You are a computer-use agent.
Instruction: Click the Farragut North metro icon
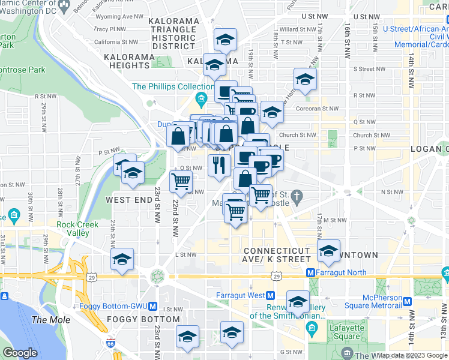coord(312,272)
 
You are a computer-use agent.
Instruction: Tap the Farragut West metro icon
coord(270,295)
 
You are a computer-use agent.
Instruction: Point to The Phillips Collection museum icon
coord(201,98)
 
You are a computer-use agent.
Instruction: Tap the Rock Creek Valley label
coord(73,229)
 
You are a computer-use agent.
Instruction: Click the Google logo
coord(20,353)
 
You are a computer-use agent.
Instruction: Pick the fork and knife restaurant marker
coord(219,164)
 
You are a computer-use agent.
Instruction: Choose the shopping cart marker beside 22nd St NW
coord(181,180)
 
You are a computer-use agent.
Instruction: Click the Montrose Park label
coord(23,70)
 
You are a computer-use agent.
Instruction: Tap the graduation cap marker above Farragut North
coord(328,251)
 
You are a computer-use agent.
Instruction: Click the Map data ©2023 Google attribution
coord(411,355)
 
